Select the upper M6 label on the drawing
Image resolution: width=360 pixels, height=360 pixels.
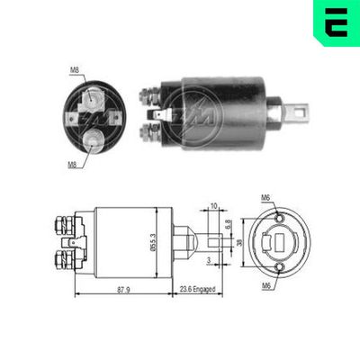click(x=265, y=199)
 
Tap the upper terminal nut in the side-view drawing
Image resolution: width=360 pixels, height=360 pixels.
click(x=63, y=220)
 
